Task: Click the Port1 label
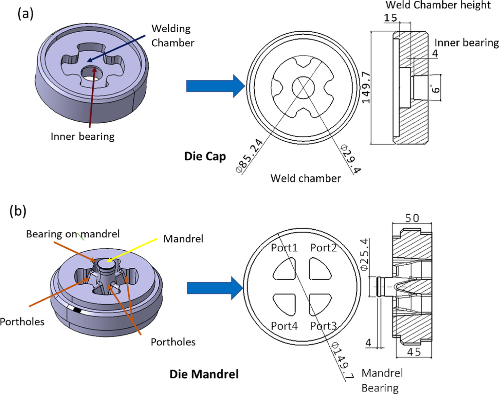(x=284, y=248)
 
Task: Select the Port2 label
(x=323, y=248)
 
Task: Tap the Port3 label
(x=323, y=326)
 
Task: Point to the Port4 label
(x=284, y=326)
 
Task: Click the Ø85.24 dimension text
(x=249, y=156)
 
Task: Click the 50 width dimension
(x=412, y=218)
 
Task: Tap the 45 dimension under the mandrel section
(x=414, y=352)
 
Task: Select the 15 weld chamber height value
(x=391, y=18)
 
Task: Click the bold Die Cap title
(x=205, y=156)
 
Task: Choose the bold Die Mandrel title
(x=204, y=374)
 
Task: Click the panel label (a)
(x=25, y=14)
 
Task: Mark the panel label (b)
(x=18, y=211)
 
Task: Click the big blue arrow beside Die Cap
(x=215, y=86)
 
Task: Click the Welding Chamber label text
(x=172, y=36)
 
